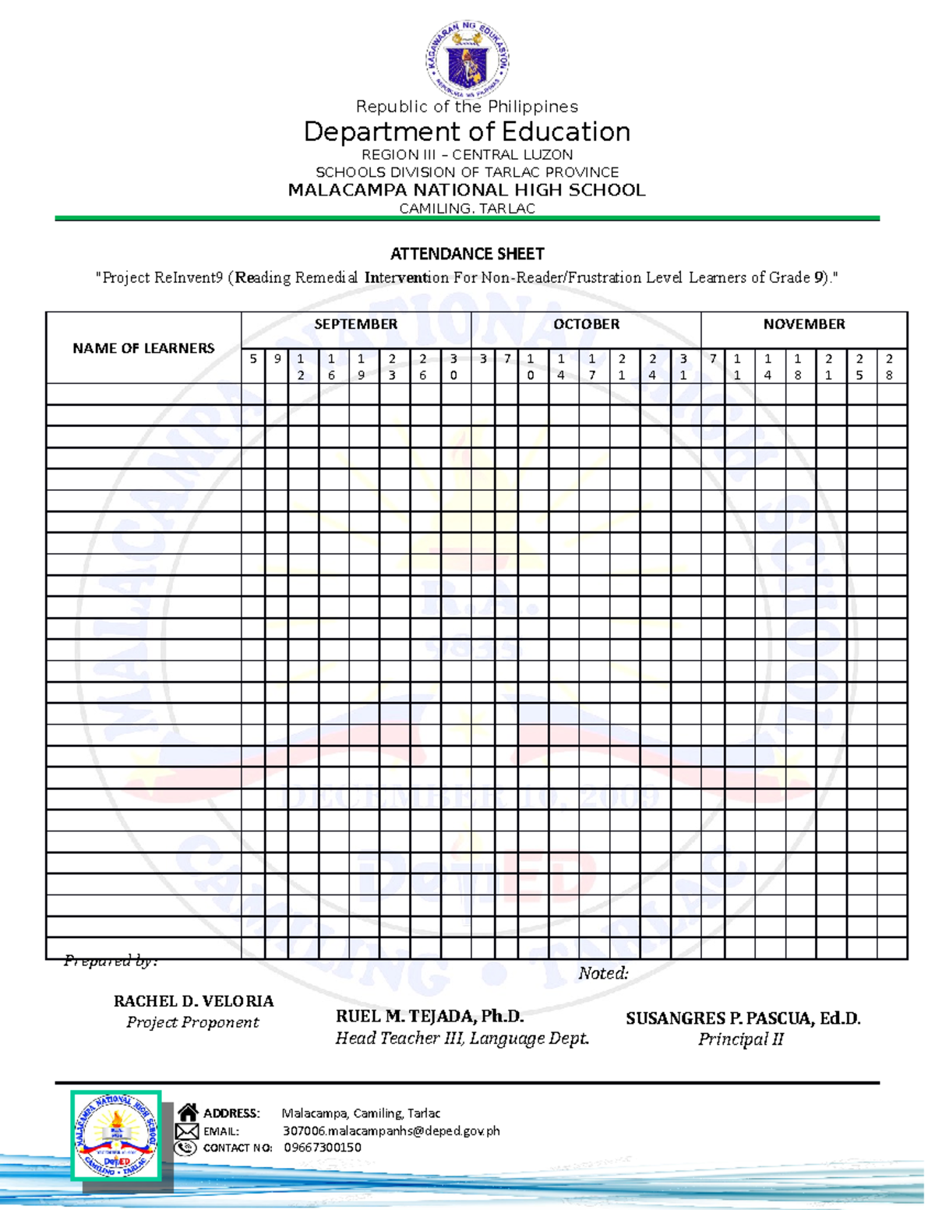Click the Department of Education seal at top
467,58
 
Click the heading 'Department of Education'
467,132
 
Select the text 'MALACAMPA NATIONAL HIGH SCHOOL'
467,190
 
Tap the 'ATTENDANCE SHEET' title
467,254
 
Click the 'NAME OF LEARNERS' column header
143,348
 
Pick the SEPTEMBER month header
355,324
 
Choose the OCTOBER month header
586,324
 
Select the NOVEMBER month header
803,324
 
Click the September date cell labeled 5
253,366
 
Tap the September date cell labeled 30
454,367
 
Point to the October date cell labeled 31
684,367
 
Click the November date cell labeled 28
890,367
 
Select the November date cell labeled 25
859,367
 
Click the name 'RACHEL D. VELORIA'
193,1001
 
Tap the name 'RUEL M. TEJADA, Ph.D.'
429,1016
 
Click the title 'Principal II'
740,1039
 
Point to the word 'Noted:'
603,973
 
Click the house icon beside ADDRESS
188,1113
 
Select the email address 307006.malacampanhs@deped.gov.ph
391,1131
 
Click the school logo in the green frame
116,1135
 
